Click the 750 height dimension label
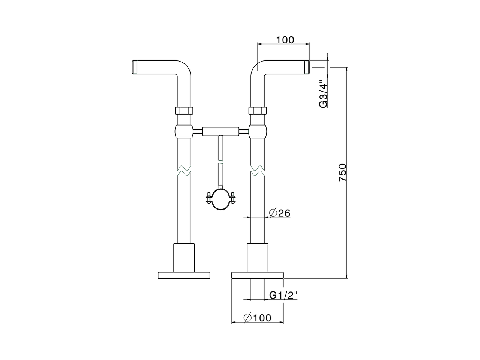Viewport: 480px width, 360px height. (x=342, y=172)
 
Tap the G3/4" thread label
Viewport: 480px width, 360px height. (x=323, y=94)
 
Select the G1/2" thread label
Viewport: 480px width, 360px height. (x=283, y=295)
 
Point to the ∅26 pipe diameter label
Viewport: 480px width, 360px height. (x=280, y=213)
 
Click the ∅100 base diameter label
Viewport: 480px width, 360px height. (x=257, y=318)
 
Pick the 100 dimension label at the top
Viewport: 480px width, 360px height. (x=285, y=40)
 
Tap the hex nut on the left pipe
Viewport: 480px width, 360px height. (x=184, y=111)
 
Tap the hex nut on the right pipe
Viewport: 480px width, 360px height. (x=258, y=111)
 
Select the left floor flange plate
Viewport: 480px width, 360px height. (x=184, y=275)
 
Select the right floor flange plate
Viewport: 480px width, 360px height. (x=258, y=275)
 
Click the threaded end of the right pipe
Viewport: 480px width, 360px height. (x=306, y=67)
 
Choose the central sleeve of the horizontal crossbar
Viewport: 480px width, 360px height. (x=220, y=131)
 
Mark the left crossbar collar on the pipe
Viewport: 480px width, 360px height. (x=184, y=132)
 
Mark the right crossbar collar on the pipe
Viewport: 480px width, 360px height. (x=258, y=132)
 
